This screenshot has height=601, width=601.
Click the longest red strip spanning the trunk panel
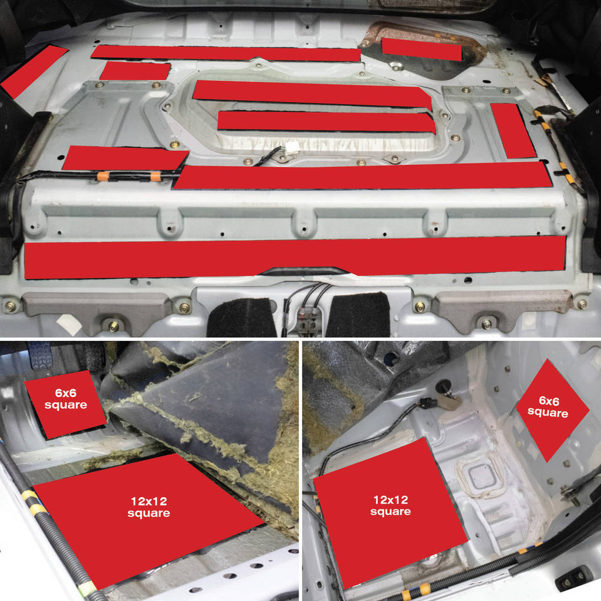[x=295, y=257]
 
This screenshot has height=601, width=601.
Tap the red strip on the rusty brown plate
[x=421, y=49]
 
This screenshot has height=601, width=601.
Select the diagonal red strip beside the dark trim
[x=33, y=71]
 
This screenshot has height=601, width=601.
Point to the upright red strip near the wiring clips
[x=513, y=130]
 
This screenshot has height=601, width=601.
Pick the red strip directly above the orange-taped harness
[x=124, y=158]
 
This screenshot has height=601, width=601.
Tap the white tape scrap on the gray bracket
[x=69, y=324]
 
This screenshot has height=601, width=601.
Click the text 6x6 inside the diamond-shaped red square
[x=549, y=401]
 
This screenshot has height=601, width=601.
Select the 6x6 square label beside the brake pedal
[x=66, y=399]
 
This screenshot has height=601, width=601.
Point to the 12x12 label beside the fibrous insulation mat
[x=148, y=507]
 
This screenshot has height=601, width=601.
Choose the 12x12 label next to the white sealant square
[x=390, y=505]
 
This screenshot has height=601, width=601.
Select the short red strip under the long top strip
[x=135, y=71]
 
